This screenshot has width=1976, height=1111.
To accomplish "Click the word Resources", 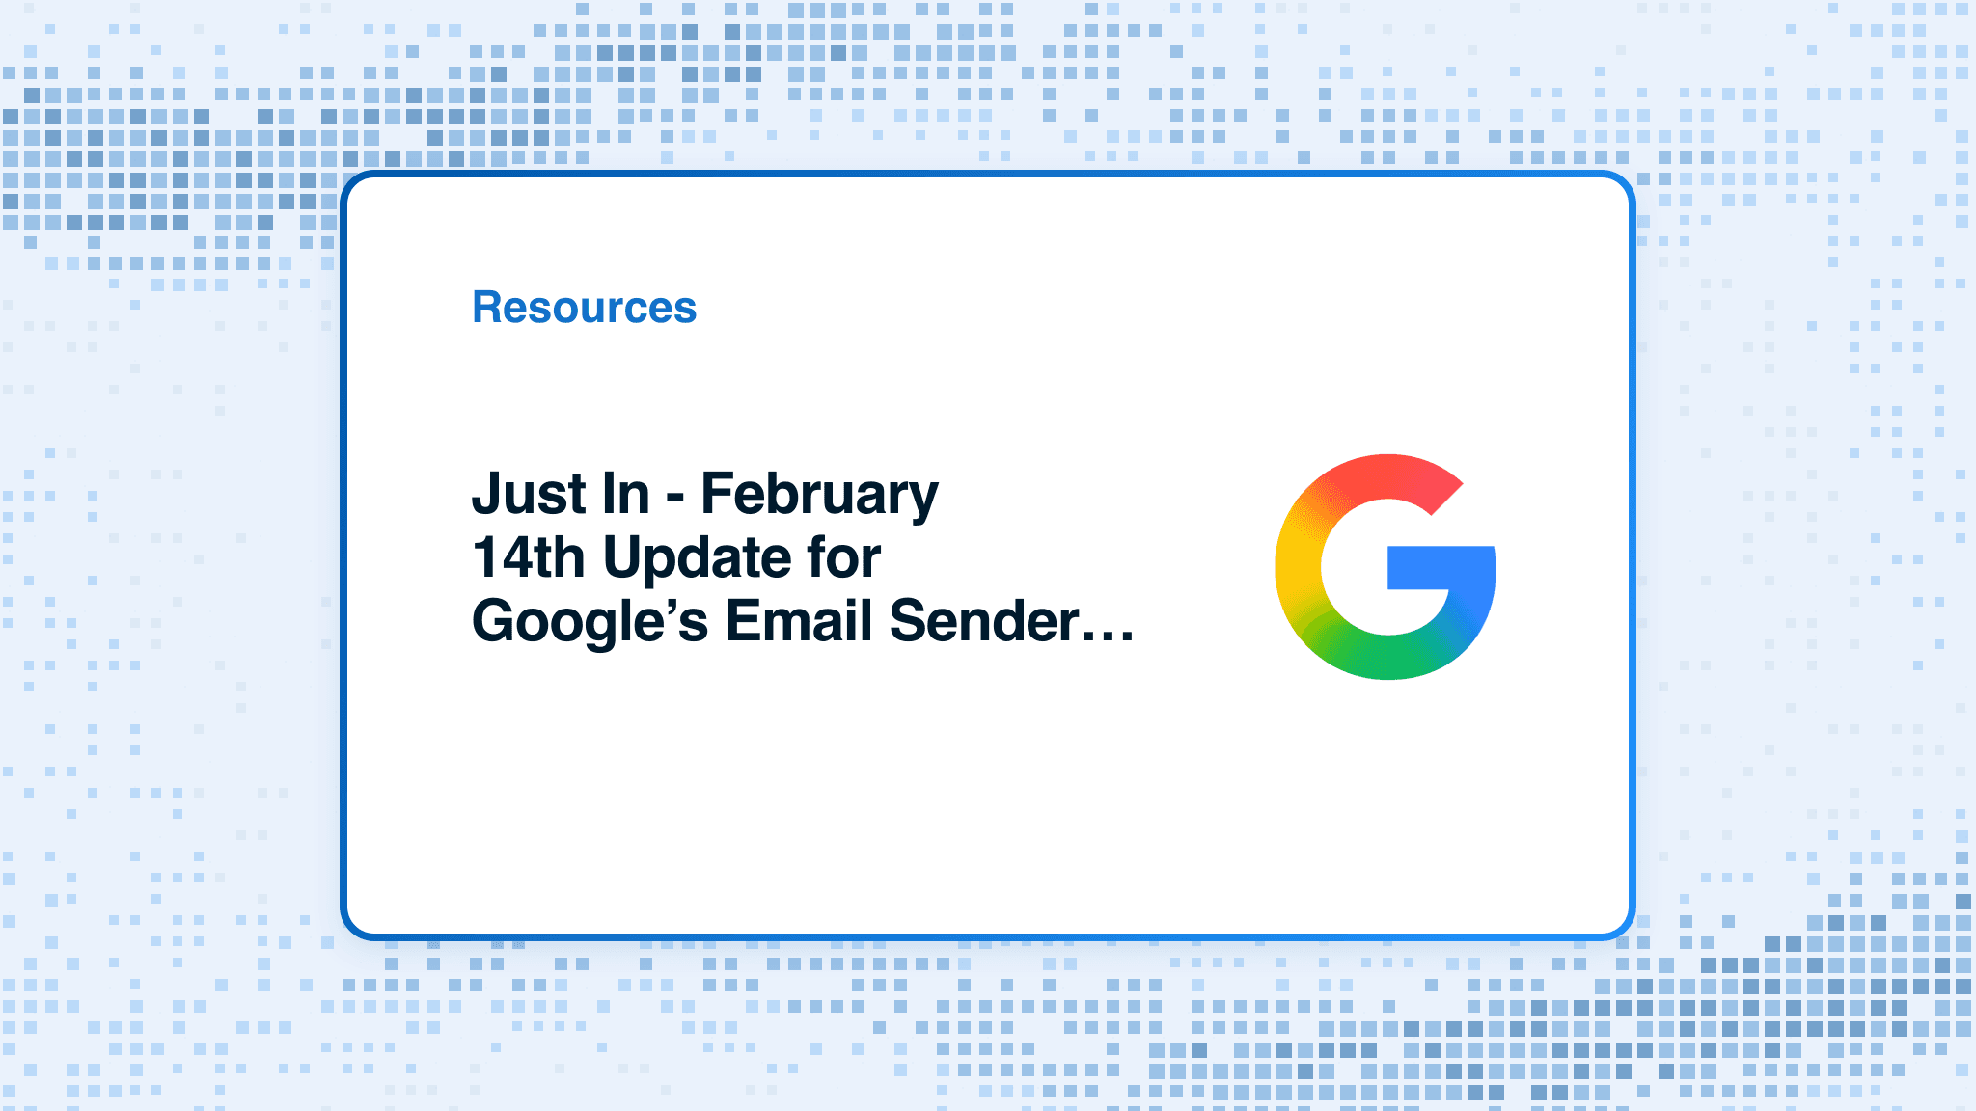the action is (584, 308).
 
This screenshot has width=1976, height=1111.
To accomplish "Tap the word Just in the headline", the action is (528, 494).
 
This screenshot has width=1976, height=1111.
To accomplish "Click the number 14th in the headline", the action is (528, 557).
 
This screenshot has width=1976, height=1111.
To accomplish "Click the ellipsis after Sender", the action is (1108, 637).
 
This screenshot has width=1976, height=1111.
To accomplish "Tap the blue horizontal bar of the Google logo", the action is (1441, 567).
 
